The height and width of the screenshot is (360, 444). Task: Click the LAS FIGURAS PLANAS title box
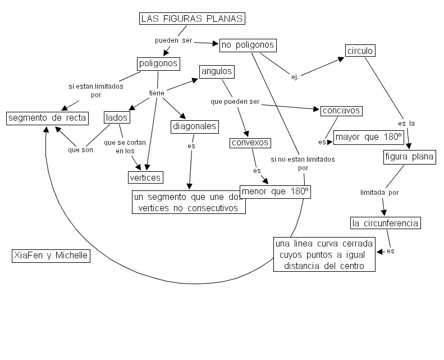click(x=192, y=19)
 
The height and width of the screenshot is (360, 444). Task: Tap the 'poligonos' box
click(x=158, y=63)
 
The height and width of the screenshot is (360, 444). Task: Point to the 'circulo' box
click(x=360, y=51)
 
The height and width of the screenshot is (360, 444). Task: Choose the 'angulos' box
click(x=216, y=72)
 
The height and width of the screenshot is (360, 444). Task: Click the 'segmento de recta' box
click(x=47, y=118)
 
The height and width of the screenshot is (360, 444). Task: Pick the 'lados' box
click(x=117, y=117)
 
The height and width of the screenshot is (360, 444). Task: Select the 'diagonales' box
click(x=194, y=127)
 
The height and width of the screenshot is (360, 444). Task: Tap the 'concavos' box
click(x=341, y=111)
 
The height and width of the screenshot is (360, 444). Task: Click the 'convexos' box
click(x=250, y=143)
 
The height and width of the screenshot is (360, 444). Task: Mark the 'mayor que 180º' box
click(x=369, y=137)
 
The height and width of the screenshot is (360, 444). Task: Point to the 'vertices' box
click(x=145, y=177)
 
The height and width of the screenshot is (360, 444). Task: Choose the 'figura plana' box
click(x=410, y=157)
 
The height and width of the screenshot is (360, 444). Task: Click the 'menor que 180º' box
click(x=276, y=192)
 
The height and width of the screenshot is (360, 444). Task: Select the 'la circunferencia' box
click(x=385, y=223)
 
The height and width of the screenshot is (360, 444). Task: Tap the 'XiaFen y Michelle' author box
click(x=51, y=256)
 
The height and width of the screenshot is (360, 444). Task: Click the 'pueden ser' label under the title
click(x=173, y=41)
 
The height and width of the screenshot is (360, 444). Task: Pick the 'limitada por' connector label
click(x=379, y=192)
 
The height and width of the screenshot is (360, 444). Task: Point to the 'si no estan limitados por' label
click(x=303, y=163)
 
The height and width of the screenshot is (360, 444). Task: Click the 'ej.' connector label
click(x=295, y=77)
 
